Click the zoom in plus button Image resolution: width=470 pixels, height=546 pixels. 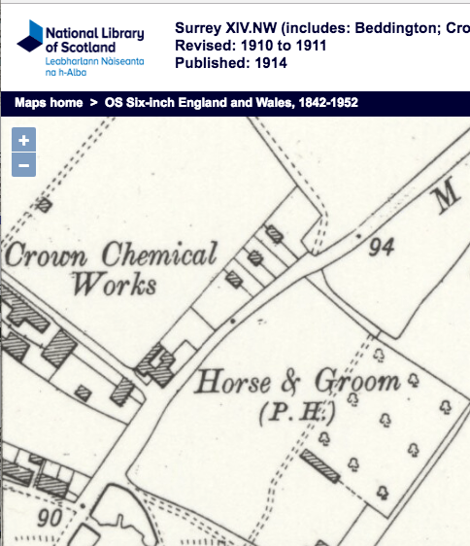coord(24,140)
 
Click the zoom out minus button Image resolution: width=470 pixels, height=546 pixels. coord(24,164)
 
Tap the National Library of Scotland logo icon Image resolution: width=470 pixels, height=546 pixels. coord(29,42)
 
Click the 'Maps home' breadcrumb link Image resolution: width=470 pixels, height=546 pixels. coord(49,102)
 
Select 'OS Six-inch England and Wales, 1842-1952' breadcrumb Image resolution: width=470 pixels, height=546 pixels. coord(218,102)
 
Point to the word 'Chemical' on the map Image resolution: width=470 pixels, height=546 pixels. coord(159,256)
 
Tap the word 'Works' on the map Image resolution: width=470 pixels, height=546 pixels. coord(114,286)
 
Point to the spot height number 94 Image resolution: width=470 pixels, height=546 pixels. coord(381,248)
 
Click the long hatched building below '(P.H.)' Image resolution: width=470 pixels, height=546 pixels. coord(319,465)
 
